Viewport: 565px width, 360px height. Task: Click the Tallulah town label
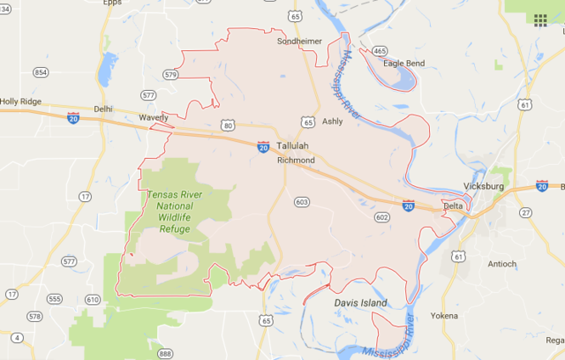click(293, 146)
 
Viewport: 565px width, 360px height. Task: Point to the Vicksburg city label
click(483, 186)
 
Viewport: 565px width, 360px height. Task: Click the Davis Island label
click(360, 302)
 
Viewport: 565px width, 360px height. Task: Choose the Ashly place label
click(332, 121)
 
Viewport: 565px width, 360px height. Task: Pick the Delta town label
click(454, 206)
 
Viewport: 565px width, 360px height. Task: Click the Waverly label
click(153, 118)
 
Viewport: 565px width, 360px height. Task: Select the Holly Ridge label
click(20, 101)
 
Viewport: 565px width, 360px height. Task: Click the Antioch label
click(501, 263)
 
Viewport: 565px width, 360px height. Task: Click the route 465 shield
click(379, 52)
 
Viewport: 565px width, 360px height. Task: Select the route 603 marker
click(301, 201)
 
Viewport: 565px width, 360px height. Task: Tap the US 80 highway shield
click(229, 126)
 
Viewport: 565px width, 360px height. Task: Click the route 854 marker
click(41, 72)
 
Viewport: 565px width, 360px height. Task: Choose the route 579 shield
click(171, 76)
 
